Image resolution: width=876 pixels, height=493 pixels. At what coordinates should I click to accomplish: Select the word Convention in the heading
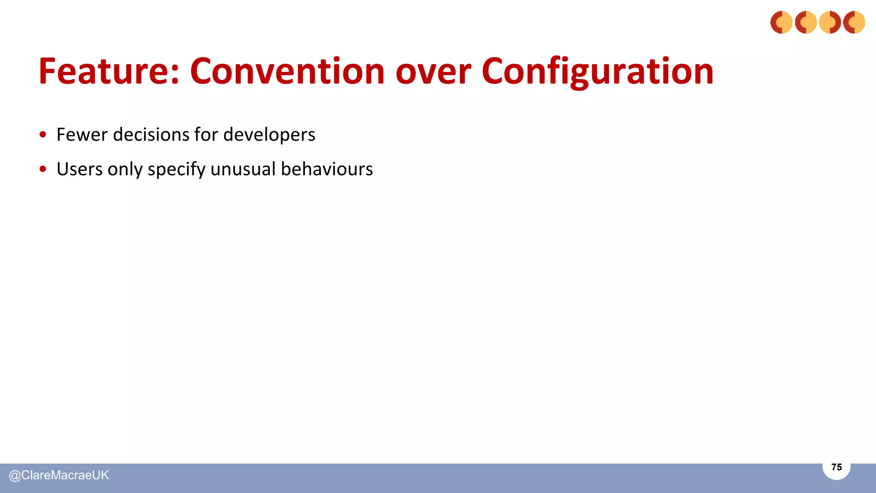[x=287, y=71]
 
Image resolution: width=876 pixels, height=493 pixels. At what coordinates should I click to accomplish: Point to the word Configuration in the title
[x=597, y=71]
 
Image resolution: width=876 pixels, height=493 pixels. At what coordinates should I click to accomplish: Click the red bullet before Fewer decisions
[x=43, y=135]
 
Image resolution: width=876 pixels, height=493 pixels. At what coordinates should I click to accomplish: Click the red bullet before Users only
[x=43, y=169]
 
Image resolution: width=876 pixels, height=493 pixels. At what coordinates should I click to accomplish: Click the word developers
[x=269, y=135]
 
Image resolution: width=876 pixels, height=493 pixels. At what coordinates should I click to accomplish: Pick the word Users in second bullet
[x=80, y=169]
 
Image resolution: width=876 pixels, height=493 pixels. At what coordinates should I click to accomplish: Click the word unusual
[x=243, y=169]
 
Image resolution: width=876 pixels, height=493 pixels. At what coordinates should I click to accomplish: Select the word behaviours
[x=327, y=169]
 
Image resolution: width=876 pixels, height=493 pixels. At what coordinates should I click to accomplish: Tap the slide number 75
[x=836, y=467]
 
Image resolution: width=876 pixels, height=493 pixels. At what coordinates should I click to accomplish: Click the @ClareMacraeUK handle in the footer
[x=59, y=475]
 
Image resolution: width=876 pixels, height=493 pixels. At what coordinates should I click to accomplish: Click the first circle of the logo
[x=781, y=22]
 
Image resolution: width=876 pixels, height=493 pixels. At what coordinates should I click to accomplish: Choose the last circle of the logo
[x=854, y=22]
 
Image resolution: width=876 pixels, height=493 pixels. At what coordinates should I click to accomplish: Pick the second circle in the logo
[x=806, y=22]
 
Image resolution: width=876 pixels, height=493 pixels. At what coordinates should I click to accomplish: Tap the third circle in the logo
[x=830, y=22]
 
